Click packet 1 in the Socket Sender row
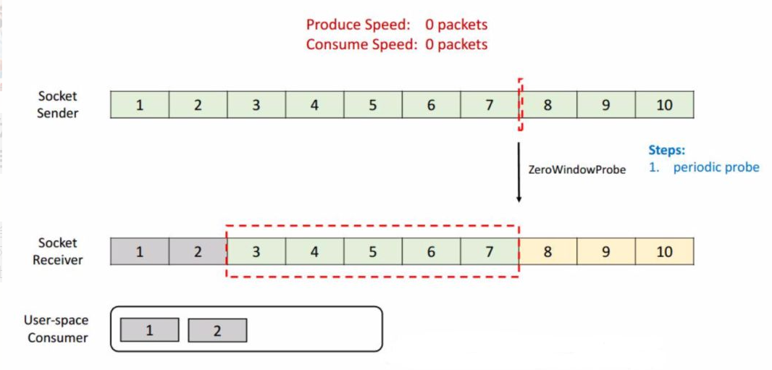140,104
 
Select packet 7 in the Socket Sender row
489,104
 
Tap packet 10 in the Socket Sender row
665,104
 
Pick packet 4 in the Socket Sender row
314,104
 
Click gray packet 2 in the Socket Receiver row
198,251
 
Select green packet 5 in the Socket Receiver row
373,251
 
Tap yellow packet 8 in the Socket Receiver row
548,251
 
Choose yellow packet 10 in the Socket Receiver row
665,251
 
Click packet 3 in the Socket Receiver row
256,251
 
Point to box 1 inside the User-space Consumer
150,330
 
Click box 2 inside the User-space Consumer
217,330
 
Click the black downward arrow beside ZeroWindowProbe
519,172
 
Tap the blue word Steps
667,150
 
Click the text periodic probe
716,167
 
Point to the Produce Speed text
397,25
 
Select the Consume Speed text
397,45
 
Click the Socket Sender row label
58,104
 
